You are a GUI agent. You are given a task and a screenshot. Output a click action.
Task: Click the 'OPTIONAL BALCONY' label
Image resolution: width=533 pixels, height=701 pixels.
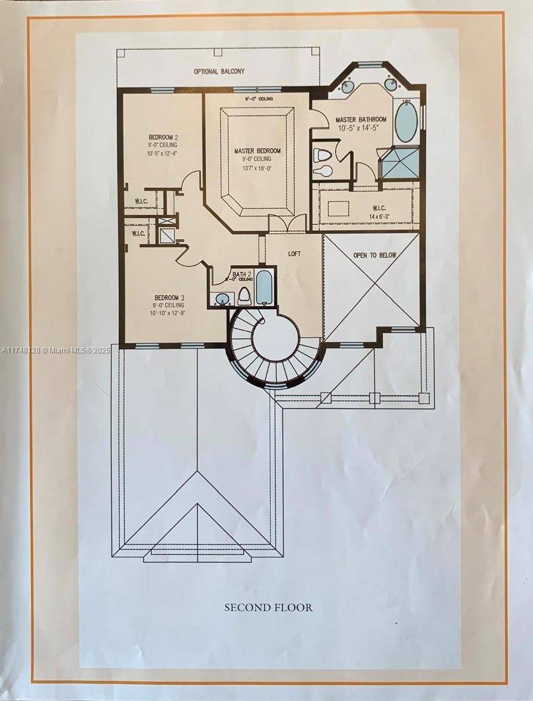pos(219,71)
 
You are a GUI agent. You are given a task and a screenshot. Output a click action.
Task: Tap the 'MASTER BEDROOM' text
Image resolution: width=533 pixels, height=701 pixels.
pos(258,151)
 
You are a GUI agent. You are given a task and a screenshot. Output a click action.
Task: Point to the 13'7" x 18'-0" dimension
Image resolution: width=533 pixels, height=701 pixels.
pos(258,169)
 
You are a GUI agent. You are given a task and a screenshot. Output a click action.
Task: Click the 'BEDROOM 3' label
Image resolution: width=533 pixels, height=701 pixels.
pos(167,297)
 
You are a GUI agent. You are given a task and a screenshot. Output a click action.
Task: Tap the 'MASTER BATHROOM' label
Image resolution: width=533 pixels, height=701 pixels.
pos(360,120)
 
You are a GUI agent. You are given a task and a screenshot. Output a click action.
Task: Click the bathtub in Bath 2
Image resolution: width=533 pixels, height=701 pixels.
pos(264,288)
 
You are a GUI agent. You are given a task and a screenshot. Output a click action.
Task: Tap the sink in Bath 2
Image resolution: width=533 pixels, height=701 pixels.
pos(223,298)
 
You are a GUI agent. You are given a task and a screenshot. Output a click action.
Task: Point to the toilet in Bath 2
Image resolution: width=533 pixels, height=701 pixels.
pos(244,295)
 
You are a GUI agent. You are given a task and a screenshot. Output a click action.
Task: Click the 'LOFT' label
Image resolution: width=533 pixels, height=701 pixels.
pos(295,254)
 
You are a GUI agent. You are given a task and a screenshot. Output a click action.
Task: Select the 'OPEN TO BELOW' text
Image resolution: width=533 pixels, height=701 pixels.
pos(375,255)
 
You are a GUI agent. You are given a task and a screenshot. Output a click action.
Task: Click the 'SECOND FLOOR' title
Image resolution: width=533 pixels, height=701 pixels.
pos(268,608)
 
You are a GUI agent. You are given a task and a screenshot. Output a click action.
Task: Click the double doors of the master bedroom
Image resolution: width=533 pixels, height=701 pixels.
pos(279,223)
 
